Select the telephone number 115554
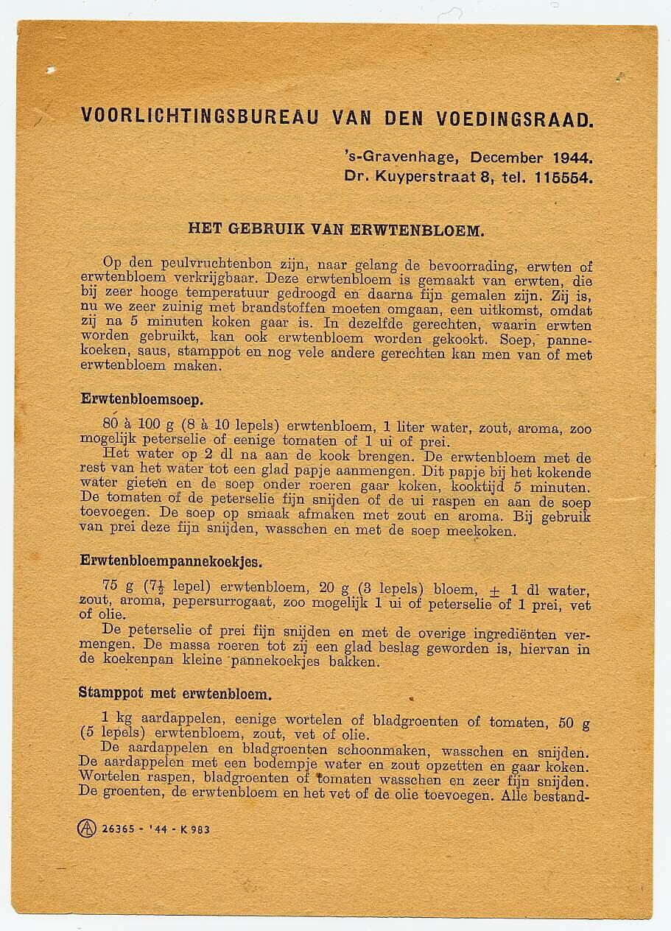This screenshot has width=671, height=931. pos(568,177)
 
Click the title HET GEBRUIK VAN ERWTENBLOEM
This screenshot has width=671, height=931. pos(336,229)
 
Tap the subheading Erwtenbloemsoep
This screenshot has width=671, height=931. pos(142,400)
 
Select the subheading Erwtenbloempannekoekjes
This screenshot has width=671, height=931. pos(171,561)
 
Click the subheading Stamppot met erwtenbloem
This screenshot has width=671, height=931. pos(175,694)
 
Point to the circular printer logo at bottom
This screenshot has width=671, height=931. pos(87,829)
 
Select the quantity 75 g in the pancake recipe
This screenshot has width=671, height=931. pos(118,588)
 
